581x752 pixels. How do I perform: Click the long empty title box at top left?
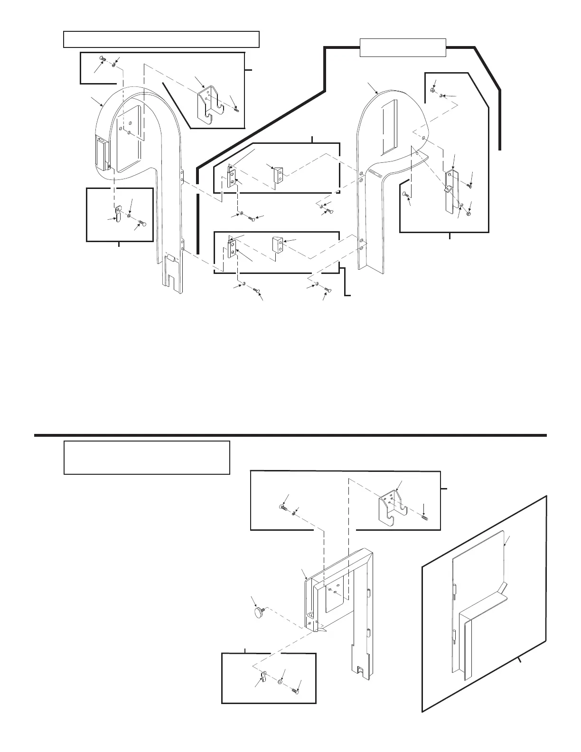click(161, 39)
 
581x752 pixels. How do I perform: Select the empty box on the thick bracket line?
click(403, 47)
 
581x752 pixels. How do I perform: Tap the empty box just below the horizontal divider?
click(147, 457)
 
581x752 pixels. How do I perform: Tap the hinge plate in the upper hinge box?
click(232, 177)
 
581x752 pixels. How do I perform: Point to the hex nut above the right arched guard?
click(433, 90)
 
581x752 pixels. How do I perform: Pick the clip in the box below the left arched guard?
click(118, 212)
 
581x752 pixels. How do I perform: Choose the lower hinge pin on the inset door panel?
click(454, 635)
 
